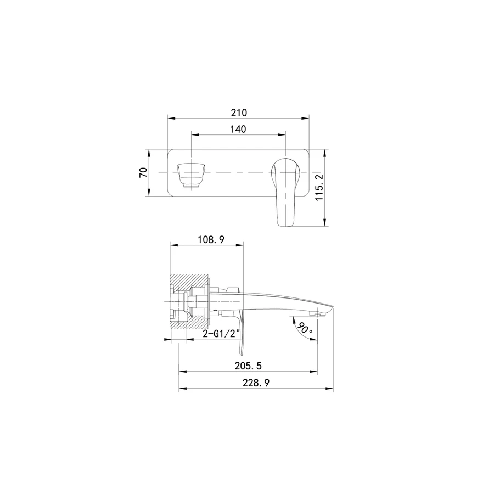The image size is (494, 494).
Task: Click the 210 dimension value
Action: (x=239, y=113)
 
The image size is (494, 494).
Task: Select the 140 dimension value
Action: (x=238, y=128)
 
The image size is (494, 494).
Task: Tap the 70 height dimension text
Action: (x=143, y=172)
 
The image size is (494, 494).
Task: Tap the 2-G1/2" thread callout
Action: (x=218, y=333)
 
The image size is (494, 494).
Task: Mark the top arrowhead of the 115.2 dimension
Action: (x=325, y=151)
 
